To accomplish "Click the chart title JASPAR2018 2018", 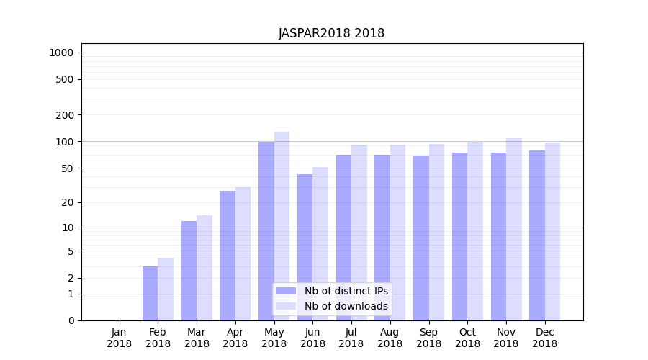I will click(x=331, y=34).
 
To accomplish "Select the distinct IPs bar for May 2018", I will click(x=266, y=230).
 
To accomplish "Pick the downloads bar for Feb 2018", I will click(x=166, y=289).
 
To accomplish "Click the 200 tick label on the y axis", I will click(x=65, y=115).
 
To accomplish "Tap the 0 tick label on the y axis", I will click(x=71, y=320).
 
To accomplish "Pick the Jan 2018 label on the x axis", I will click(x=120, y=338).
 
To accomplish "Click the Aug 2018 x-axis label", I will click(x=390, y=338).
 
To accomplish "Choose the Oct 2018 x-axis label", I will click(x=467, y=338).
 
